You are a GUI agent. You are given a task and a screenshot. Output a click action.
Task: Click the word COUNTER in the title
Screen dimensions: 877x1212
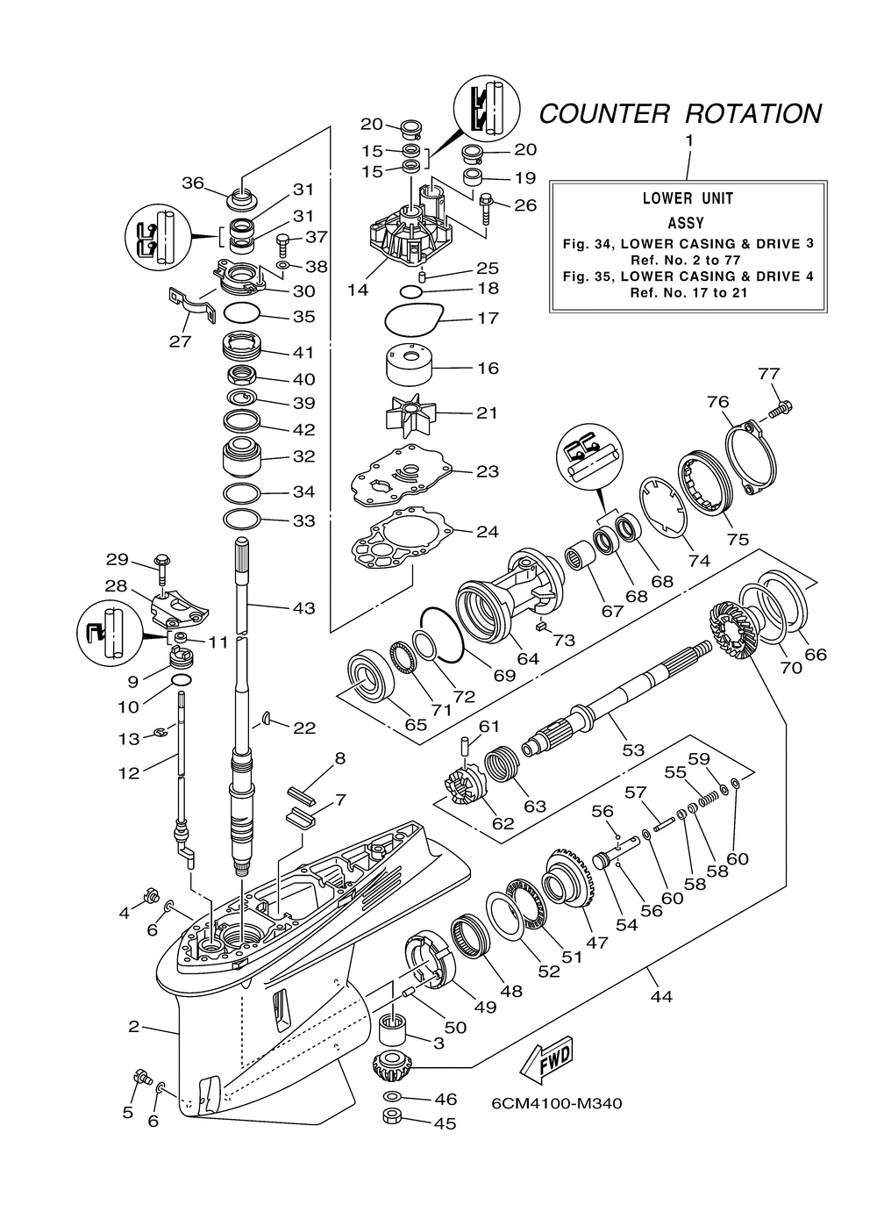[604, 114]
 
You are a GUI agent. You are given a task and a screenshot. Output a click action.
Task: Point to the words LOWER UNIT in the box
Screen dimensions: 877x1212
[688, 198]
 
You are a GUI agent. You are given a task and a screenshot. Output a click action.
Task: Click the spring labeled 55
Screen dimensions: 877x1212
[709, 798]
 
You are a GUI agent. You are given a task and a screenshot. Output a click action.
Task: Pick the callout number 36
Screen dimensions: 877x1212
[192, 183]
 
